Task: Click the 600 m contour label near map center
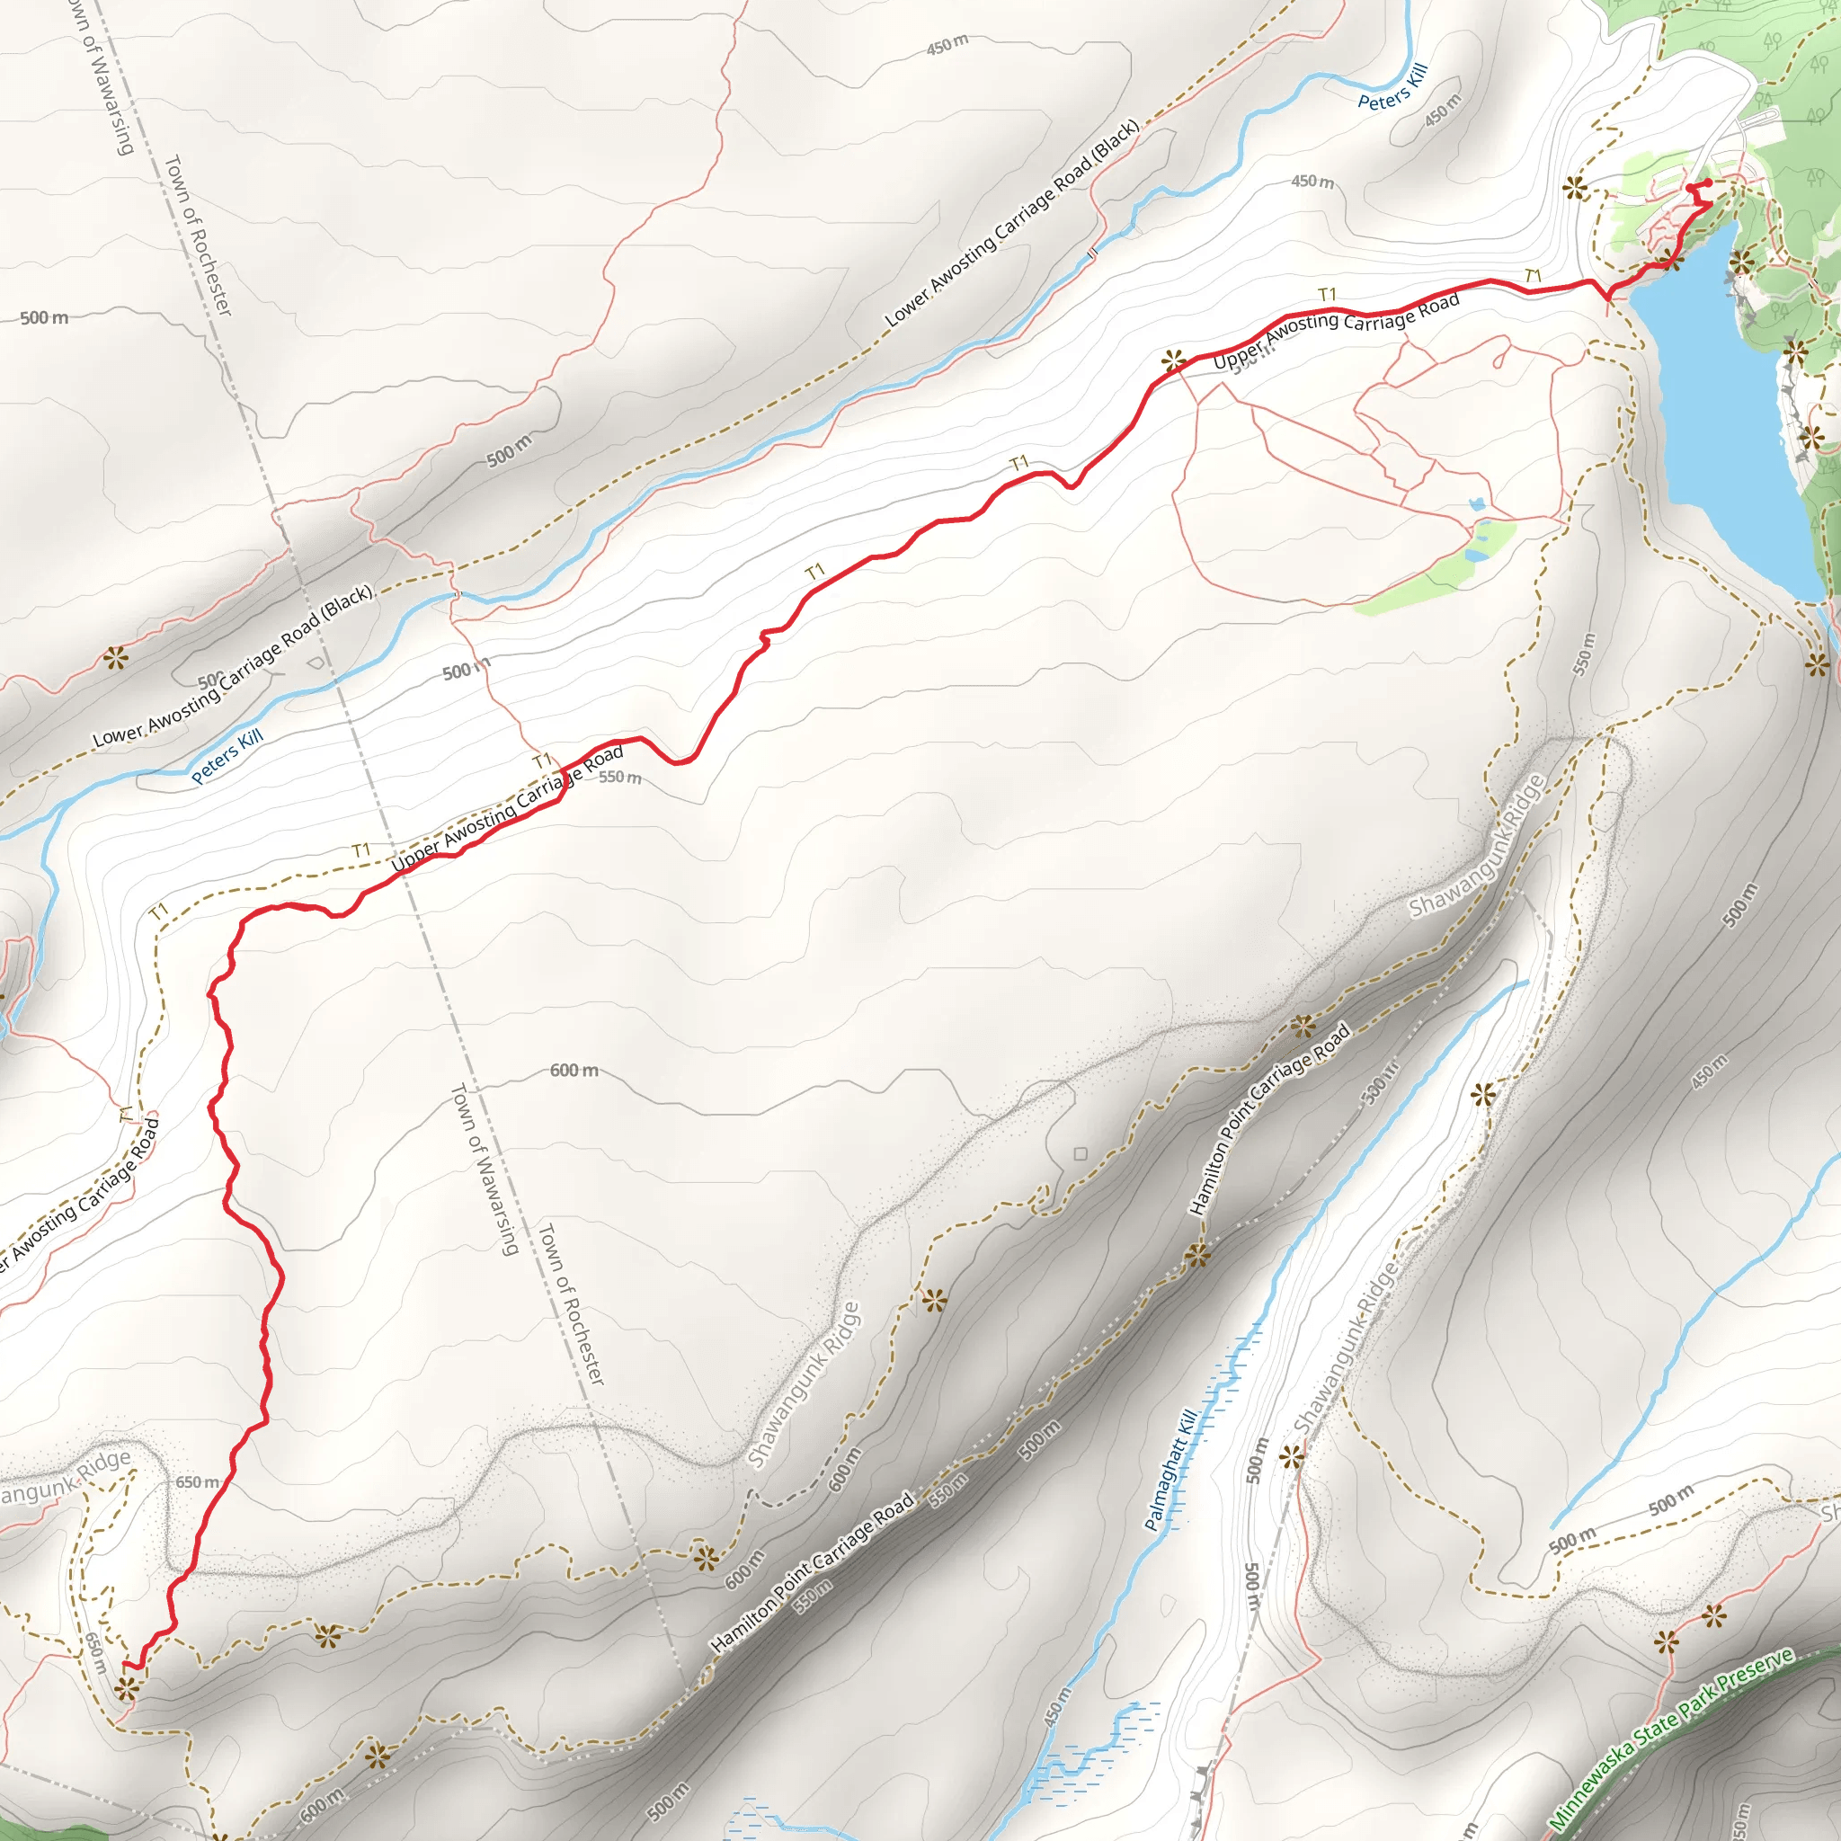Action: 574,1071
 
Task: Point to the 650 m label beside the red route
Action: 197,1481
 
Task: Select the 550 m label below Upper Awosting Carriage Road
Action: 620,778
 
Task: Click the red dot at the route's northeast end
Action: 1708,183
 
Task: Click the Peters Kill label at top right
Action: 1392,88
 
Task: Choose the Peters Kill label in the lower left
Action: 227,757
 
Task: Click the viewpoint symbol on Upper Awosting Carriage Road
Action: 1174,360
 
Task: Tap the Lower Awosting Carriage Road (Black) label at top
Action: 1012,224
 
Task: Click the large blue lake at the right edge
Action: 1725,419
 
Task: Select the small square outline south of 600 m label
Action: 1081,1154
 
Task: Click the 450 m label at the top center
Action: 947,45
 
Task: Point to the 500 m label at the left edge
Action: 44,317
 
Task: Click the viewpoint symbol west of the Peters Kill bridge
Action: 116,657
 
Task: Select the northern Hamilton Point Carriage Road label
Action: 1270,1117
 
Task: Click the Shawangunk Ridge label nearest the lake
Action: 1477,847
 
